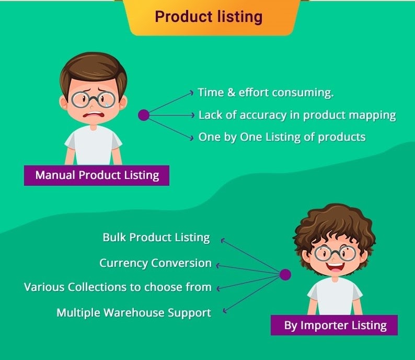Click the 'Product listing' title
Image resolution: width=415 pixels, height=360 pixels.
(x=209, y=17)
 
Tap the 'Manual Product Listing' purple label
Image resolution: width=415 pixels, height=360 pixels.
(x=97, y=175)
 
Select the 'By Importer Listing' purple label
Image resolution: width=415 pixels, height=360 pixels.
(x=334, y=325)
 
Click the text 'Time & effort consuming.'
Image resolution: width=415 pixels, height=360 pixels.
(x=266, y=93)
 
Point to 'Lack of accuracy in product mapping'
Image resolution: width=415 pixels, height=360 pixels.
(x=297, y=115)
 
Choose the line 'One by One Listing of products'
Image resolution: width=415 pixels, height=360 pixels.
(x=282, y=137)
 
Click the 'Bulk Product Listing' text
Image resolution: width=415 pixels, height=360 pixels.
(x=156, y=238)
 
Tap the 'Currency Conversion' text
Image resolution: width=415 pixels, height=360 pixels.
(x=155, y=263)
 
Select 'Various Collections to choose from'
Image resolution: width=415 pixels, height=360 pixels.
(x=118, y=287)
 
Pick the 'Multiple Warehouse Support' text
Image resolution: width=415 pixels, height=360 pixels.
(x=134, y=313)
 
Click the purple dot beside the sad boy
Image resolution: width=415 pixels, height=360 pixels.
(x=144, y=115)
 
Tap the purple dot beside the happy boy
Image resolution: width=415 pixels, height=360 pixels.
(x=285, y=274)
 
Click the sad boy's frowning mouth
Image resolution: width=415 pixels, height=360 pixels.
(x=93, y=115)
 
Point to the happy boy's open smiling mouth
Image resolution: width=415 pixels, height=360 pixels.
(x=335, y=266)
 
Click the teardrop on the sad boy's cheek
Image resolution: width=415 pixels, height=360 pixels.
(x=107, y=104)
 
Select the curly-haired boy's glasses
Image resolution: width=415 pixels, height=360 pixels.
(x=335, y=253)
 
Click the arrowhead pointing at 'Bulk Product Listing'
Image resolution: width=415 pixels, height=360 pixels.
(x=223, y=240)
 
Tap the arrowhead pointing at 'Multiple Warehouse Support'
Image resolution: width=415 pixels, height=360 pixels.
(x=225, y=311)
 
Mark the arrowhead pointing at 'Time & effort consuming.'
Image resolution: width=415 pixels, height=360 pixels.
(x=192, y=93)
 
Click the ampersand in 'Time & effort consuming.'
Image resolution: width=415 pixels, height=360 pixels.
(x=232, y=93)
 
